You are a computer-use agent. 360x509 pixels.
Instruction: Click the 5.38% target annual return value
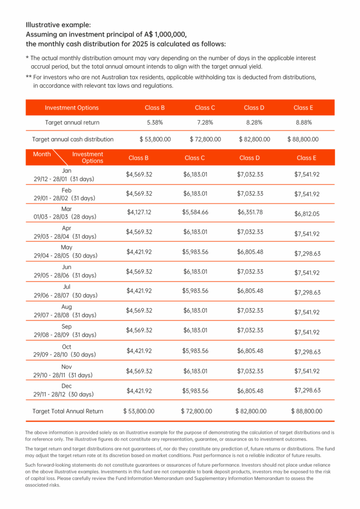point(155,123)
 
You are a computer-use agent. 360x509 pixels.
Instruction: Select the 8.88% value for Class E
point(303,123)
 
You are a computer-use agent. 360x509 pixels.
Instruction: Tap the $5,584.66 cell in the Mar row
point(195,212)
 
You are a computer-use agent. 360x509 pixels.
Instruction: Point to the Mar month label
point(67,209)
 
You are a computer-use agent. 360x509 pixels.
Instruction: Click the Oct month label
point(67,347)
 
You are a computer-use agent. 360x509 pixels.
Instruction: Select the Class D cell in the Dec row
point(250,391)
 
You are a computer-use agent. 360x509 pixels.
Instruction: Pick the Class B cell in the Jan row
point(139,175)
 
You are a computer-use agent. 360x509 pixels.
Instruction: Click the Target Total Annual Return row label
point(68,411)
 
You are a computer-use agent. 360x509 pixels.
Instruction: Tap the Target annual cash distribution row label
point(73,139)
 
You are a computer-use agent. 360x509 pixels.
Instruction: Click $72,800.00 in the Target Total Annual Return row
point(196,411)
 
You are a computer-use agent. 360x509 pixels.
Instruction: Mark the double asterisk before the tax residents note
point(29,76)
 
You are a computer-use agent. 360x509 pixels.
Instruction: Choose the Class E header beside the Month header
point(307,158)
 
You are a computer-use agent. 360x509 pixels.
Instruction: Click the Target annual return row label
point(72,123)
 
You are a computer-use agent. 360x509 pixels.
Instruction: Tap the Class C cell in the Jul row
point(195,291)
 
